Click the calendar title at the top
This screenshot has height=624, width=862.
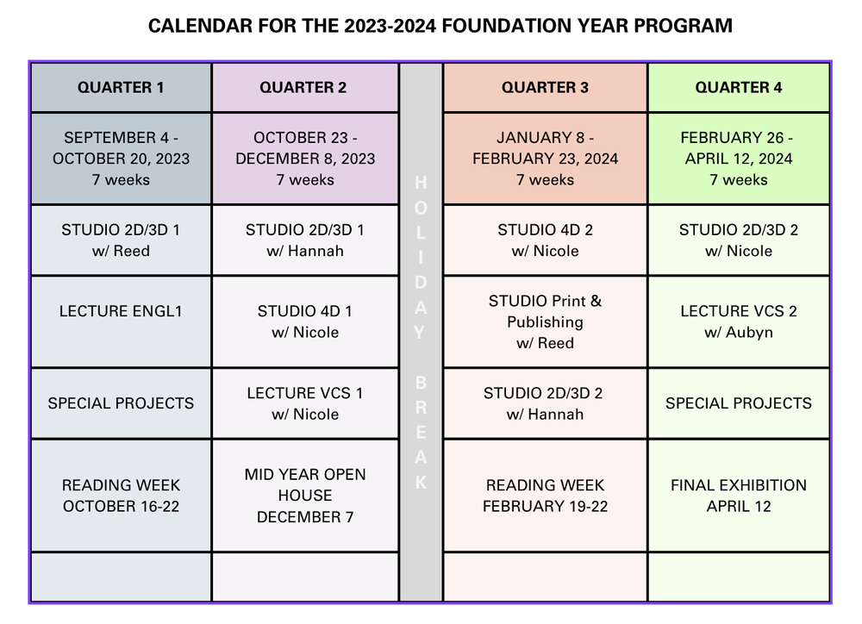[440, 26]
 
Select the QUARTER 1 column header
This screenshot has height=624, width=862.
[121, 87]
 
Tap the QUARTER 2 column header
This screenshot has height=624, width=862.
[303, 87]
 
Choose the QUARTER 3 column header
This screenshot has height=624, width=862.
[545, 87]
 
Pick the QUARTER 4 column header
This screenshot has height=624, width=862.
[739, 87]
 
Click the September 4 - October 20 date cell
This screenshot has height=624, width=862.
[121, 159]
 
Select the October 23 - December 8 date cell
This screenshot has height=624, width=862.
[304, 159]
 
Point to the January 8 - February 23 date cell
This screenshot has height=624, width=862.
[545, 159]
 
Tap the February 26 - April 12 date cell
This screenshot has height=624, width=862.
[739, 159]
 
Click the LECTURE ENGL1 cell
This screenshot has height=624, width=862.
[121, 311]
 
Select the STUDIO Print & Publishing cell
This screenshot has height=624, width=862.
[545, 321]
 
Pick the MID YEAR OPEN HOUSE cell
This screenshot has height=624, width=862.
[304, 496]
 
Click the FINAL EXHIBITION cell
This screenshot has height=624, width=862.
[739, 496]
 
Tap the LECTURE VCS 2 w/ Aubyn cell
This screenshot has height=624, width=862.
[739, 321]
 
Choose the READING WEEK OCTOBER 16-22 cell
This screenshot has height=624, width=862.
[121, 496]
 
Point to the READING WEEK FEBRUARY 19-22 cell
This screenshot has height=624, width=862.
[545, 496]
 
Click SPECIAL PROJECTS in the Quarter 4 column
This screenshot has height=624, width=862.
[739, 403]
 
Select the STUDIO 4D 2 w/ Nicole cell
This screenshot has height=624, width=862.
[545, 240]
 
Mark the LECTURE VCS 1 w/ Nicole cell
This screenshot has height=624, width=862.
[304, 403]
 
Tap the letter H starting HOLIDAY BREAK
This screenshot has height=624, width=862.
[421, 183]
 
